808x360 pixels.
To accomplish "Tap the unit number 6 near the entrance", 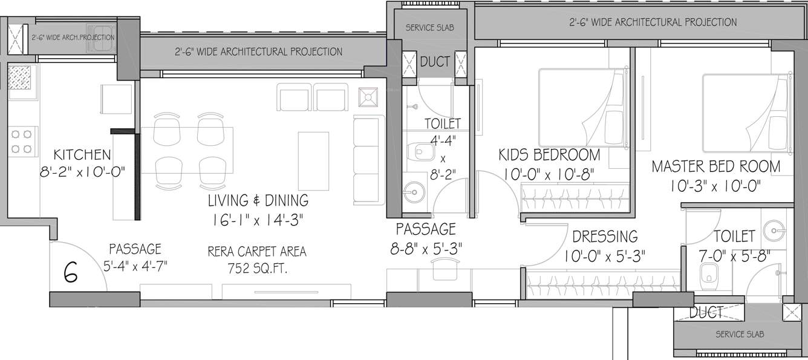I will pyautogui.click(x=71, y=273).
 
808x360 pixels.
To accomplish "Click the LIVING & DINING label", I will pyautogui.click(x=258, y=200).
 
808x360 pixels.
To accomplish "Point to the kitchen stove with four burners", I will pyautogui.click(x=22, y=140).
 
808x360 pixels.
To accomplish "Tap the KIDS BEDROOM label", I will pyautogui.click(x=549, y=154).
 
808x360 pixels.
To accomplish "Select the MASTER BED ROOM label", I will pyautogui.click(x=715, y=166).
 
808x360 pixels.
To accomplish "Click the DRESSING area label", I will pyautogui.click(x=605, y=236).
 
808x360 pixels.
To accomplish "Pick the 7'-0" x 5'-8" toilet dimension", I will pyautogui.click(x=734, y=256).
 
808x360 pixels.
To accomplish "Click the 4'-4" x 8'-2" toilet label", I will pyautogui.click(x=442, y=149).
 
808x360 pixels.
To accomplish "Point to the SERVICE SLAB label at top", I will pyautogui.click(x=429, y=28).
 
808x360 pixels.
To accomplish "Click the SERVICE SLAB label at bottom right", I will pyautogui.click(x=739, y=334).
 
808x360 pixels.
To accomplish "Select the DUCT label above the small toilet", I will pyautogui.click(x=435, y=62).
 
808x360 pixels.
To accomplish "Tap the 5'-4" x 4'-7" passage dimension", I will pyautogui.click(x=135, y=265).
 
